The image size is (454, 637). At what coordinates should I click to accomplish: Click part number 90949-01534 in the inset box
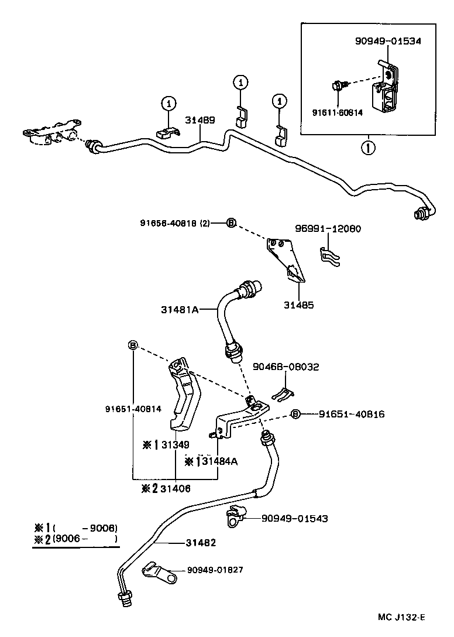(388, 41)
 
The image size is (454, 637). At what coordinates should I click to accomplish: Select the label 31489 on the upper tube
(200, 120)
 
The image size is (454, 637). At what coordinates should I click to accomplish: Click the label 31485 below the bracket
(298, 305)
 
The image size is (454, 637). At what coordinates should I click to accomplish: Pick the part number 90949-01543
(294, 518)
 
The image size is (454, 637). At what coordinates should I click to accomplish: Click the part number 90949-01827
(215, 570)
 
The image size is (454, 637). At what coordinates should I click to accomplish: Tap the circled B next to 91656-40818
(231, 223)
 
